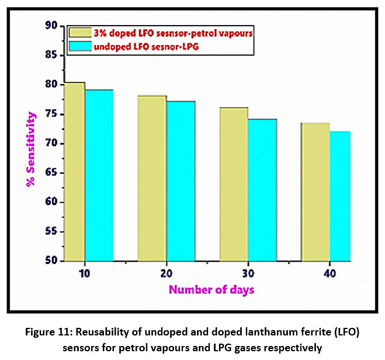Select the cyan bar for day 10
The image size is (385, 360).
tap(99, 175)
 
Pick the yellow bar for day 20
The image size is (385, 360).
tap(152, 178)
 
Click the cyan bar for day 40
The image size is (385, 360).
tap(340, 196)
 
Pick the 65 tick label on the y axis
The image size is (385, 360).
tap(51, 173)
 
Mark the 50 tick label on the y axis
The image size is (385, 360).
tap(51, 261)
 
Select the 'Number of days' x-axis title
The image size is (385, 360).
tap(211, 289)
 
